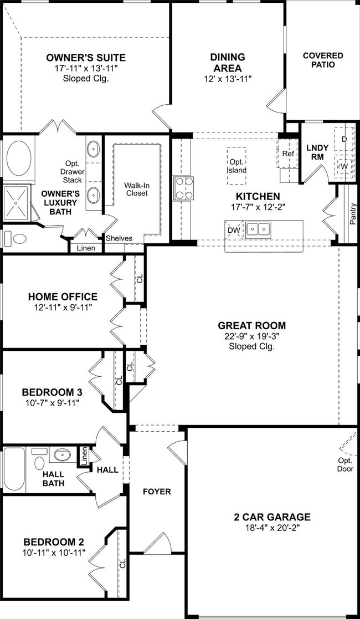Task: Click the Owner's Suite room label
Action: pos(86,58)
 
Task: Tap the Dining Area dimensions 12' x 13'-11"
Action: pos(228,79)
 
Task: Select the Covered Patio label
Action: pos(323,60)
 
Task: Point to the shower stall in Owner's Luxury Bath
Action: pos(16,203)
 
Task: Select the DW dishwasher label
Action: pos(232,230)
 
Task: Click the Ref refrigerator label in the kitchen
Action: pos(288,154)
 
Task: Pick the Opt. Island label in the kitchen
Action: pos(237,166)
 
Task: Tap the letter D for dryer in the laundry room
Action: pos(344,139)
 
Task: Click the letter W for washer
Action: pos(344,166)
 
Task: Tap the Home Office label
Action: pos(63,296)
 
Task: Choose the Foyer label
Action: pos(157,492)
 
